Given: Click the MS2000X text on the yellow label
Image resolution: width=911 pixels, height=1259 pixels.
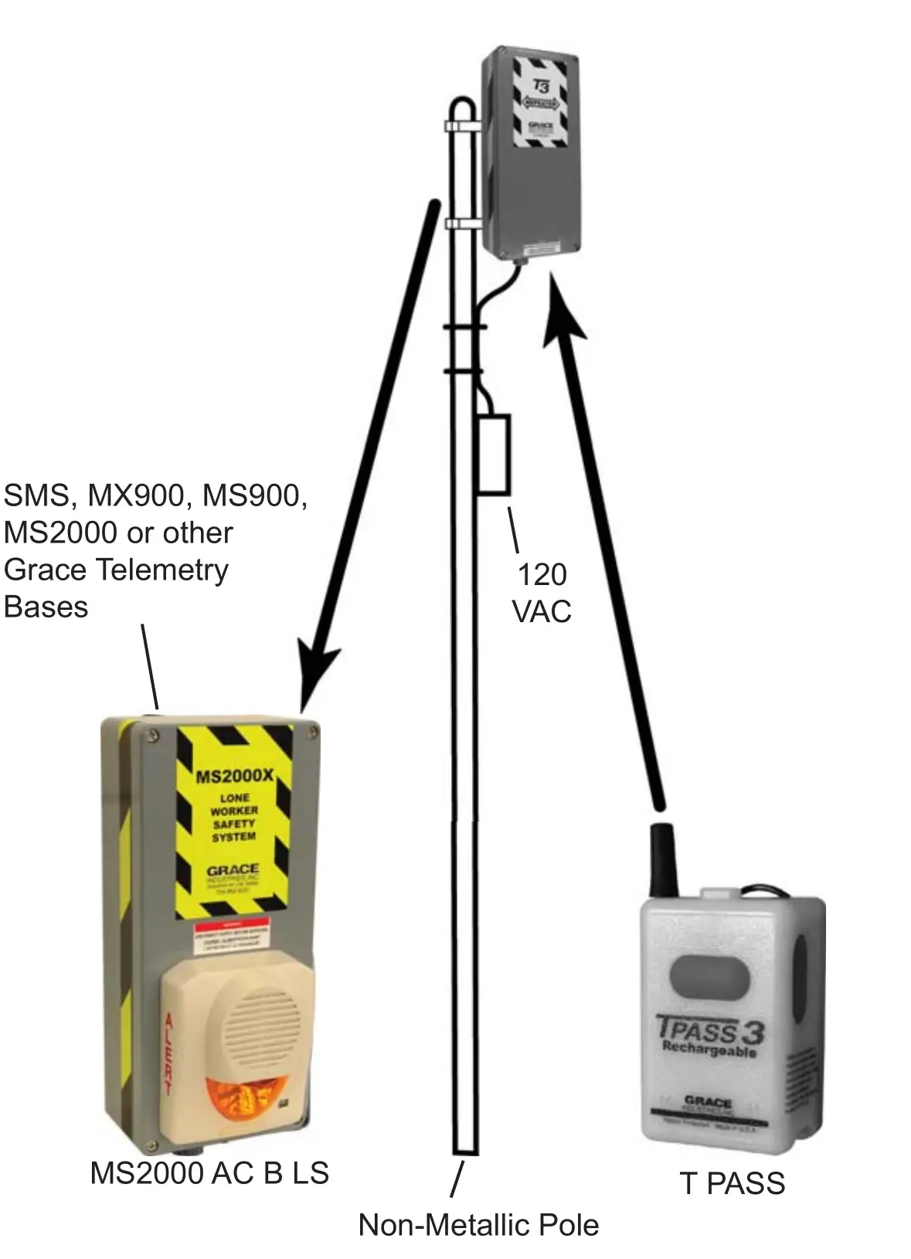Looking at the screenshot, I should point(233,775).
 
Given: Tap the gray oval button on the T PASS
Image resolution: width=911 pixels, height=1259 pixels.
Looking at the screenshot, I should point(709,975).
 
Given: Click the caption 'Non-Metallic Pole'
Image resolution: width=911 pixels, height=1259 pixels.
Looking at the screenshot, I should point(478,1225).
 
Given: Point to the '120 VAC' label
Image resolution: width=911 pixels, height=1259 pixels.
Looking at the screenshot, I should point(542,593).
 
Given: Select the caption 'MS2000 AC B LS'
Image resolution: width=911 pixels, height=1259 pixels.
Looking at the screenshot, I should point(209,1173).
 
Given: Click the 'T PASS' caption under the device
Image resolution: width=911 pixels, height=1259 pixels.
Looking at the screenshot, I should point(733,1183).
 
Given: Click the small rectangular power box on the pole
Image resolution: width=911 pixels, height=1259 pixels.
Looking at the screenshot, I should point(493,454).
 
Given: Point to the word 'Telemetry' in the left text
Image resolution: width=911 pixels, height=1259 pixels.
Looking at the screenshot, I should point(161,570).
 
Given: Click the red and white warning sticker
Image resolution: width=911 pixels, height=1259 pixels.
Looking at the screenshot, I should point(232,937).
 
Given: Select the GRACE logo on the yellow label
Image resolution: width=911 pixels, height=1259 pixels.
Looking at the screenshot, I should point(232,870).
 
